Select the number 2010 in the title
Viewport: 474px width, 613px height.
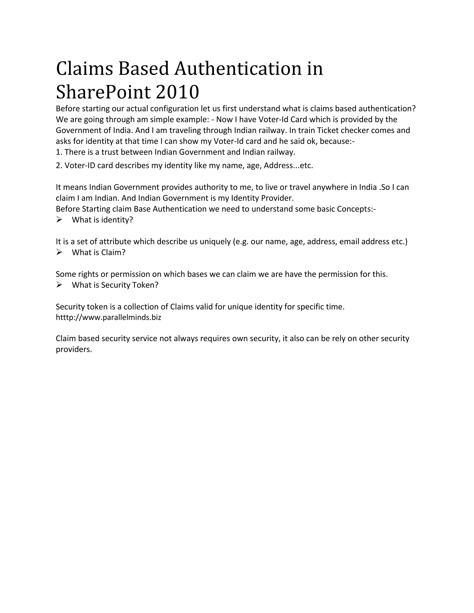177,92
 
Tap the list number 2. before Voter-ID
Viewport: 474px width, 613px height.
59,166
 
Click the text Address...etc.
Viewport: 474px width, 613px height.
288,166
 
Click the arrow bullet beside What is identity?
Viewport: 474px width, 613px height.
59,220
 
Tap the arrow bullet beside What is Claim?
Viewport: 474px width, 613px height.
59,252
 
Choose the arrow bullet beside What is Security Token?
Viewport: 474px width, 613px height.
59,285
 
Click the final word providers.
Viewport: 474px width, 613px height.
74,350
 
